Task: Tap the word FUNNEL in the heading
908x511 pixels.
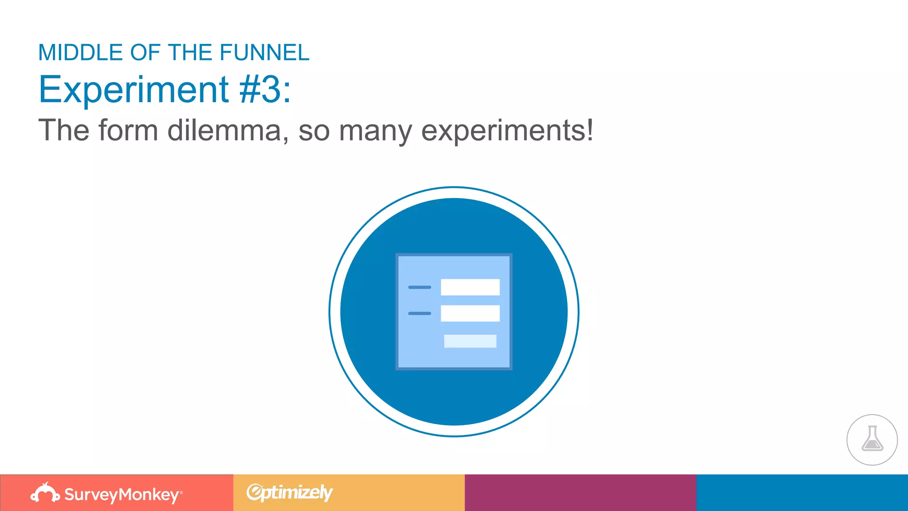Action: (264, 53)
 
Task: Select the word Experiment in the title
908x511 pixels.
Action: (133, 90)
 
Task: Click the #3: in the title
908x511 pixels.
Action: (265, 90)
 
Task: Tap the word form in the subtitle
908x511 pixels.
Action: (128, 130)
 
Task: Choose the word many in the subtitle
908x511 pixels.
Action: (376, 131)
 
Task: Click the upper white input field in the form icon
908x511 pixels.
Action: (470, 287)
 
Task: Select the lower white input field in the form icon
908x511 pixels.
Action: (470, 313)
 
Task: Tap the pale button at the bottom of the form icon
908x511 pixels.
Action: (470, 341)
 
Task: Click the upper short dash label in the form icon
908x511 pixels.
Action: (419, 287)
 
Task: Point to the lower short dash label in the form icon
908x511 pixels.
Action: (419, 314)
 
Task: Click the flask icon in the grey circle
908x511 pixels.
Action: (872, 439)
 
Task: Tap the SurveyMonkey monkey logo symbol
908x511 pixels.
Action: (45, 493)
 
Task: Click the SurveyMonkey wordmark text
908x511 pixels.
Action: (121, 495)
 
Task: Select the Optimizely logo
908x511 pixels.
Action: (290, 492)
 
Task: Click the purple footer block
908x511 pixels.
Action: (580, 493)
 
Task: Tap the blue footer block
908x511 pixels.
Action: (802, 493)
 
